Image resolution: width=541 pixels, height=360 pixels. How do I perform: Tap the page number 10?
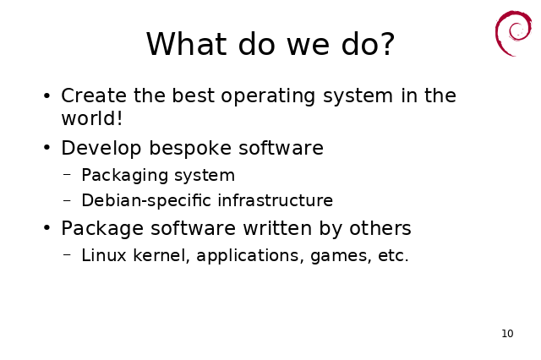[x=507, y=334]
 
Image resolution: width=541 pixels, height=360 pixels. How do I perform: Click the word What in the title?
[x=186, y=44]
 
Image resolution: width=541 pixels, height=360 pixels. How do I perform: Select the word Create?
[x=94, y=95]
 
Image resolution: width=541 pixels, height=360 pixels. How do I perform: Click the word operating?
[x=268, y=96]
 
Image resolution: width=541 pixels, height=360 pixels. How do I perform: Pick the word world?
[x=92, y=118]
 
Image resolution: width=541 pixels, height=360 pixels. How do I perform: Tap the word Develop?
[x=101, y=149]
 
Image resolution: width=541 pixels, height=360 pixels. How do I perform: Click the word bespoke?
[x=190, y=149]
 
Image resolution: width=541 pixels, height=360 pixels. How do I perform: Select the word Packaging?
[x=124, y=176]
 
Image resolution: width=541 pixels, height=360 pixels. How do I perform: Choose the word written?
[x=277, y=228]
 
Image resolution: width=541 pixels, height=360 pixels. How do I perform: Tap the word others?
[x=380, y=228]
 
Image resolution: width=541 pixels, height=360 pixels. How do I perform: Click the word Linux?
[x=104, y=255]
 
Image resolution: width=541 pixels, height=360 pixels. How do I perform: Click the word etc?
[x=393, y=256]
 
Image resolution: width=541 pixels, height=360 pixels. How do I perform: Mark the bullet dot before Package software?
[x=47, y=228]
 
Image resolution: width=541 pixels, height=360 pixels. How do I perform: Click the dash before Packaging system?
[x=67, y=175]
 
